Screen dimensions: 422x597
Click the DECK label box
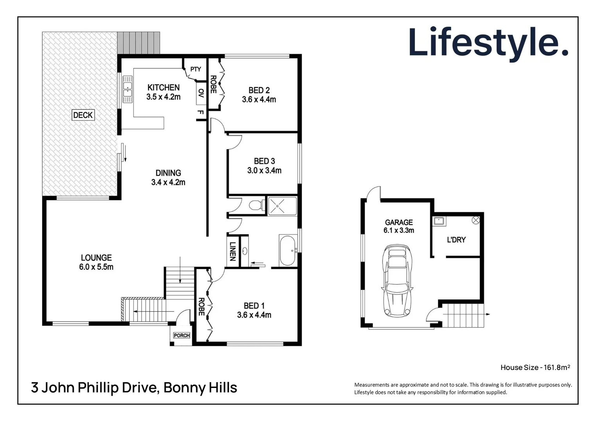[x=83, y=115]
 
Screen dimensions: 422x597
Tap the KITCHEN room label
[x=163, y=88]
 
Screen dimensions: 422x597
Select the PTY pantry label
[x=195, y=69]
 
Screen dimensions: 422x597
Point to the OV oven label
[x=201, y=93]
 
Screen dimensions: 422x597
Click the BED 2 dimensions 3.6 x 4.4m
[x=259, y=100]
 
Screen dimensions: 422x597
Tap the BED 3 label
[x=264, y=161]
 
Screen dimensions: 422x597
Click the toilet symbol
[x=256, y=205]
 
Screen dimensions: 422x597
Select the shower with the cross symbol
[x=282, y=206]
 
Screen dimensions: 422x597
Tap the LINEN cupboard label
[x=232, y=251]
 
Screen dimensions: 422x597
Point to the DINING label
[x=168, y=173]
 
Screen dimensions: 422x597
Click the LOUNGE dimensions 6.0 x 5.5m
[x=96, y=267]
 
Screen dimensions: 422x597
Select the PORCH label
[x=182, y=336]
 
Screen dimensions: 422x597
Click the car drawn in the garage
[x=398, y=280]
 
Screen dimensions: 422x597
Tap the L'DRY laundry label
[x=456, y=240]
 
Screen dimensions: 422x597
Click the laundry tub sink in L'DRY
[x=439, y=221]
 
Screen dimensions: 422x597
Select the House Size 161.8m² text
[x=535, y=367]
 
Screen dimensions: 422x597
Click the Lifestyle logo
[x=488, y=42]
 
